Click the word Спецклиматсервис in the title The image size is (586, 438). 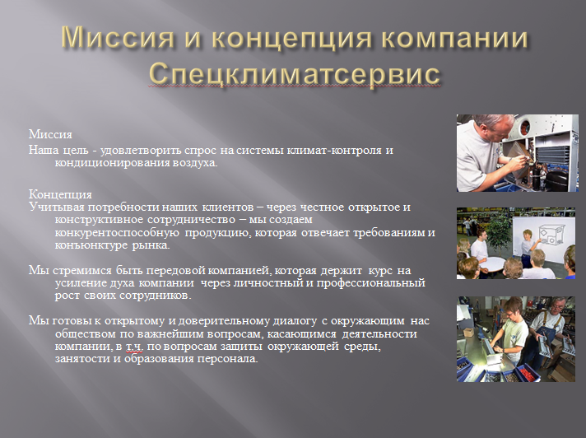293,73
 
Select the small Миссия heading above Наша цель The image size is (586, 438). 50,135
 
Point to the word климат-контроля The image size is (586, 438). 338,150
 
